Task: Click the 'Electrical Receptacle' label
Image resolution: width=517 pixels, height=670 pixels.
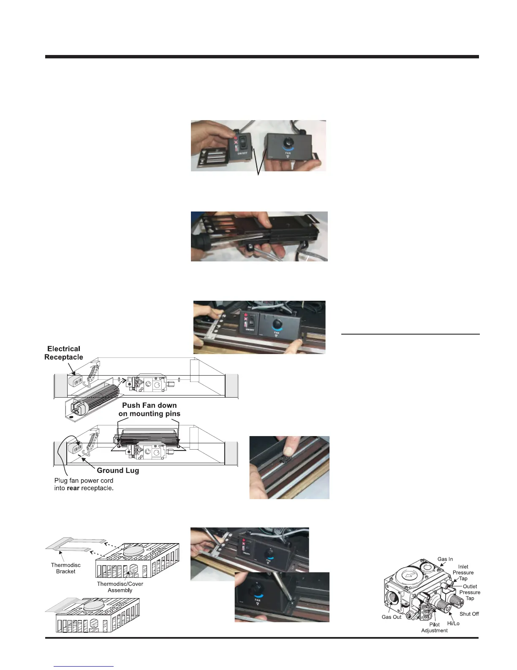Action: pos(64,353)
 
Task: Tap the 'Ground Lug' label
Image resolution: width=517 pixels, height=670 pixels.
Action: pos(118,470)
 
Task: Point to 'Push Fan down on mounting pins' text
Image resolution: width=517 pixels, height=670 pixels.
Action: pos(150,409)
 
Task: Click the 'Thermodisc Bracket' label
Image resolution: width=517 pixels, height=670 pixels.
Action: pos(65,568)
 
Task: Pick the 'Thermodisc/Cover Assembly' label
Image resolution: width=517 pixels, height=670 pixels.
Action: pos(120,587)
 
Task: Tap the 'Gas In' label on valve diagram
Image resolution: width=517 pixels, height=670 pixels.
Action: pos(445,559)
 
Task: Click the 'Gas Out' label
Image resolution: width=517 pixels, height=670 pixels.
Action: pos(392,617)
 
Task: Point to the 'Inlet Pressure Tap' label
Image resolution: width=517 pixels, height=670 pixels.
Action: pos(463,573)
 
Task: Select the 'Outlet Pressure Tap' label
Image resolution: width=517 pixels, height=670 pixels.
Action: pos(470,592)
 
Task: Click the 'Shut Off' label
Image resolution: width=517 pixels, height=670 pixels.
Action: pos(469,614)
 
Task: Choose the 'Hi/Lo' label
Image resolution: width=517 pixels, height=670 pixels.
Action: pos(453,623)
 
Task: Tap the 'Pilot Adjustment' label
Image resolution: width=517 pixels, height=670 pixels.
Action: pos(434,627)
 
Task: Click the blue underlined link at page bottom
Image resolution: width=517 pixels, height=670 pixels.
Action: pos(84,666)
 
